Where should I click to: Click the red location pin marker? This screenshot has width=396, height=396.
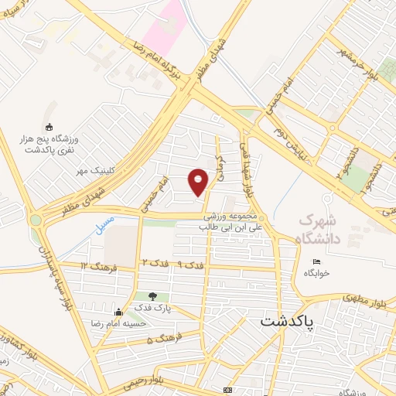tap(199, 181)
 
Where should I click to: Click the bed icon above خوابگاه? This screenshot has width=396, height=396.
tap(316, 262)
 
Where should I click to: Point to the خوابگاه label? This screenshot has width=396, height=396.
tap(316, 274)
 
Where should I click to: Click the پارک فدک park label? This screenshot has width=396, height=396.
tap(151, 308)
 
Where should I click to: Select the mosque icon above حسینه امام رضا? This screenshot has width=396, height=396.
tap(117, 312)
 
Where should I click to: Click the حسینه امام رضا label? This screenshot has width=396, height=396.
tap(118, 324)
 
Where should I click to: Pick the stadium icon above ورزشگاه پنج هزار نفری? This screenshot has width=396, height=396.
tap(49, 128)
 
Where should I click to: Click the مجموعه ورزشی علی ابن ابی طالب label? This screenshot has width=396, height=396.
tap(229, 223)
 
